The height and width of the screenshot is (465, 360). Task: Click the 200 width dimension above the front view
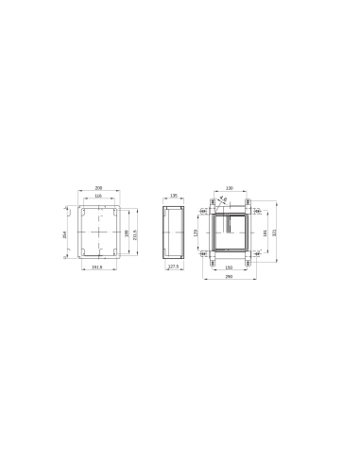pyautogui.click(x=98, y=187)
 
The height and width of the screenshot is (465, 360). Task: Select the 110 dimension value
pyautogui.click(x=98, y=196)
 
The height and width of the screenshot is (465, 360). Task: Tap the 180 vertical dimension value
pyautogui.click(x=127, y=232)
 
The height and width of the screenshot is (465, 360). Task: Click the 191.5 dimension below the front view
pyautogui.click(x=98, y=267)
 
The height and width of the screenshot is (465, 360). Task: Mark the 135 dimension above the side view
pyautogui.click(x=173, y=196)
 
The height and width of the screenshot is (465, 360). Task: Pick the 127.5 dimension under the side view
pyautogui.click(x=173, y=267)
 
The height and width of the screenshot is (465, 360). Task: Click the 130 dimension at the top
pyautogui.click(x=229, y=187)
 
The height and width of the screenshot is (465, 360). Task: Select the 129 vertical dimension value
pyautogui.click(x=196, y=232)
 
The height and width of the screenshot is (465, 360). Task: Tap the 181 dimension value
pyautogui.click(x=264, y=232)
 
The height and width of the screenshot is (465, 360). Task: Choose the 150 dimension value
pyautogui.click(x=228, y=267)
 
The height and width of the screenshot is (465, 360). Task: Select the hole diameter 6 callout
pyautogui.click(x=223, y=198)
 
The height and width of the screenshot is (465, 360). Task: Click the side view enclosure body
pyautogui.click(x=173, y=232)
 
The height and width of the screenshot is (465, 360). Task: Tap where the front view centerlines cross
pyautogui.click(x=98, y=232)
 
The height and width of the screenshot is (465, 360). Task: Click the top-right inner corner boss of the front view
pyautogui.click(x=113, y=212)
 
